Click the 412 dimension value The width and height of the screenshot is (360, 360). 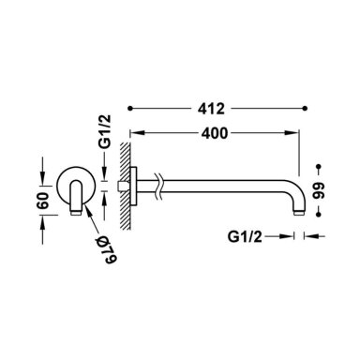click(211, 109)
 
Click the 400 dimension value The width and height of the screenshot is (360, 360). click(215, 133)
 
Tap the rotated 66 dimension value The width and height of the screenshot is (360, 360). click(319, 191)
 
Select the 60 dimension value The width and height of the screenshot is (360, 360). click(43, 201)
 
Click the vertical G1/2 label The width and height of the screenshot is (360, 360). click(105, 131)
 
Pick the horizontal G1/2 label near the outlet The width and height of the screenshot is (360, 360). click(245, 236)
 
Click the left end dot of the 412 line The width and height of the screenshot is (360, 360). click(130, 109)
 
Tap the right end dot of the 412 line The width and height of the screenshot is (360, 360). click(306, 109)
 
